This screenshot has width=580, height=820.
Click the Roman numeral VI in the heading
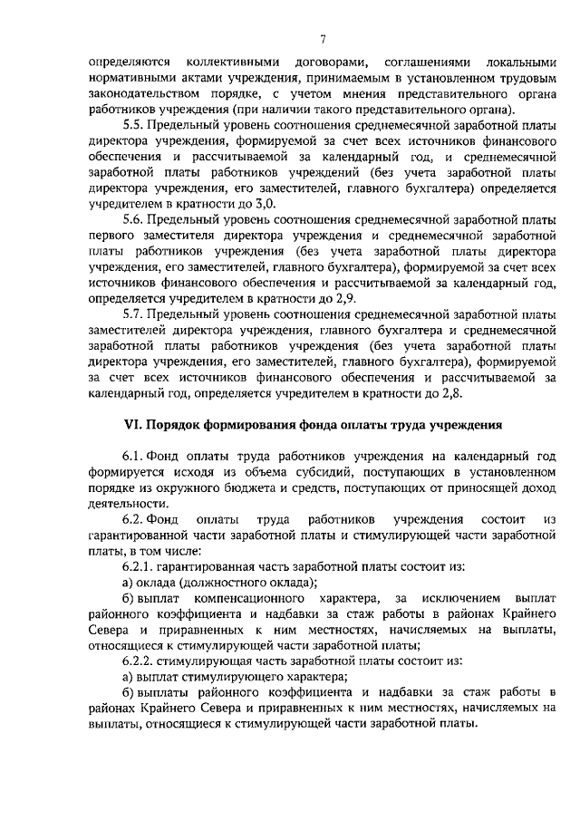(132, 425)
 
